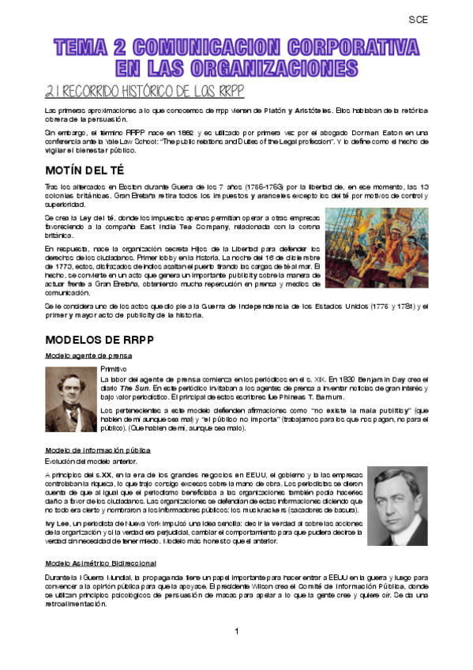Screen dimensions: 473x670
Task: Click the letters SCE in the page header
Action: [x=419, y=21]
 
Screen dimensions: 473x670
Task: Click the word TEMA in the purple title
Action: [x=84, y=47]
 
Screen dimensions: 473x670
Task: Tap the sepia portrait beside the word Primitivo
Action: [x=70, y=400]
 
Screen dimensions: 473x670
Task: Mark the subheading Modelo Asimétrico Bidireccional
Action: [x=96, y=563]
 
